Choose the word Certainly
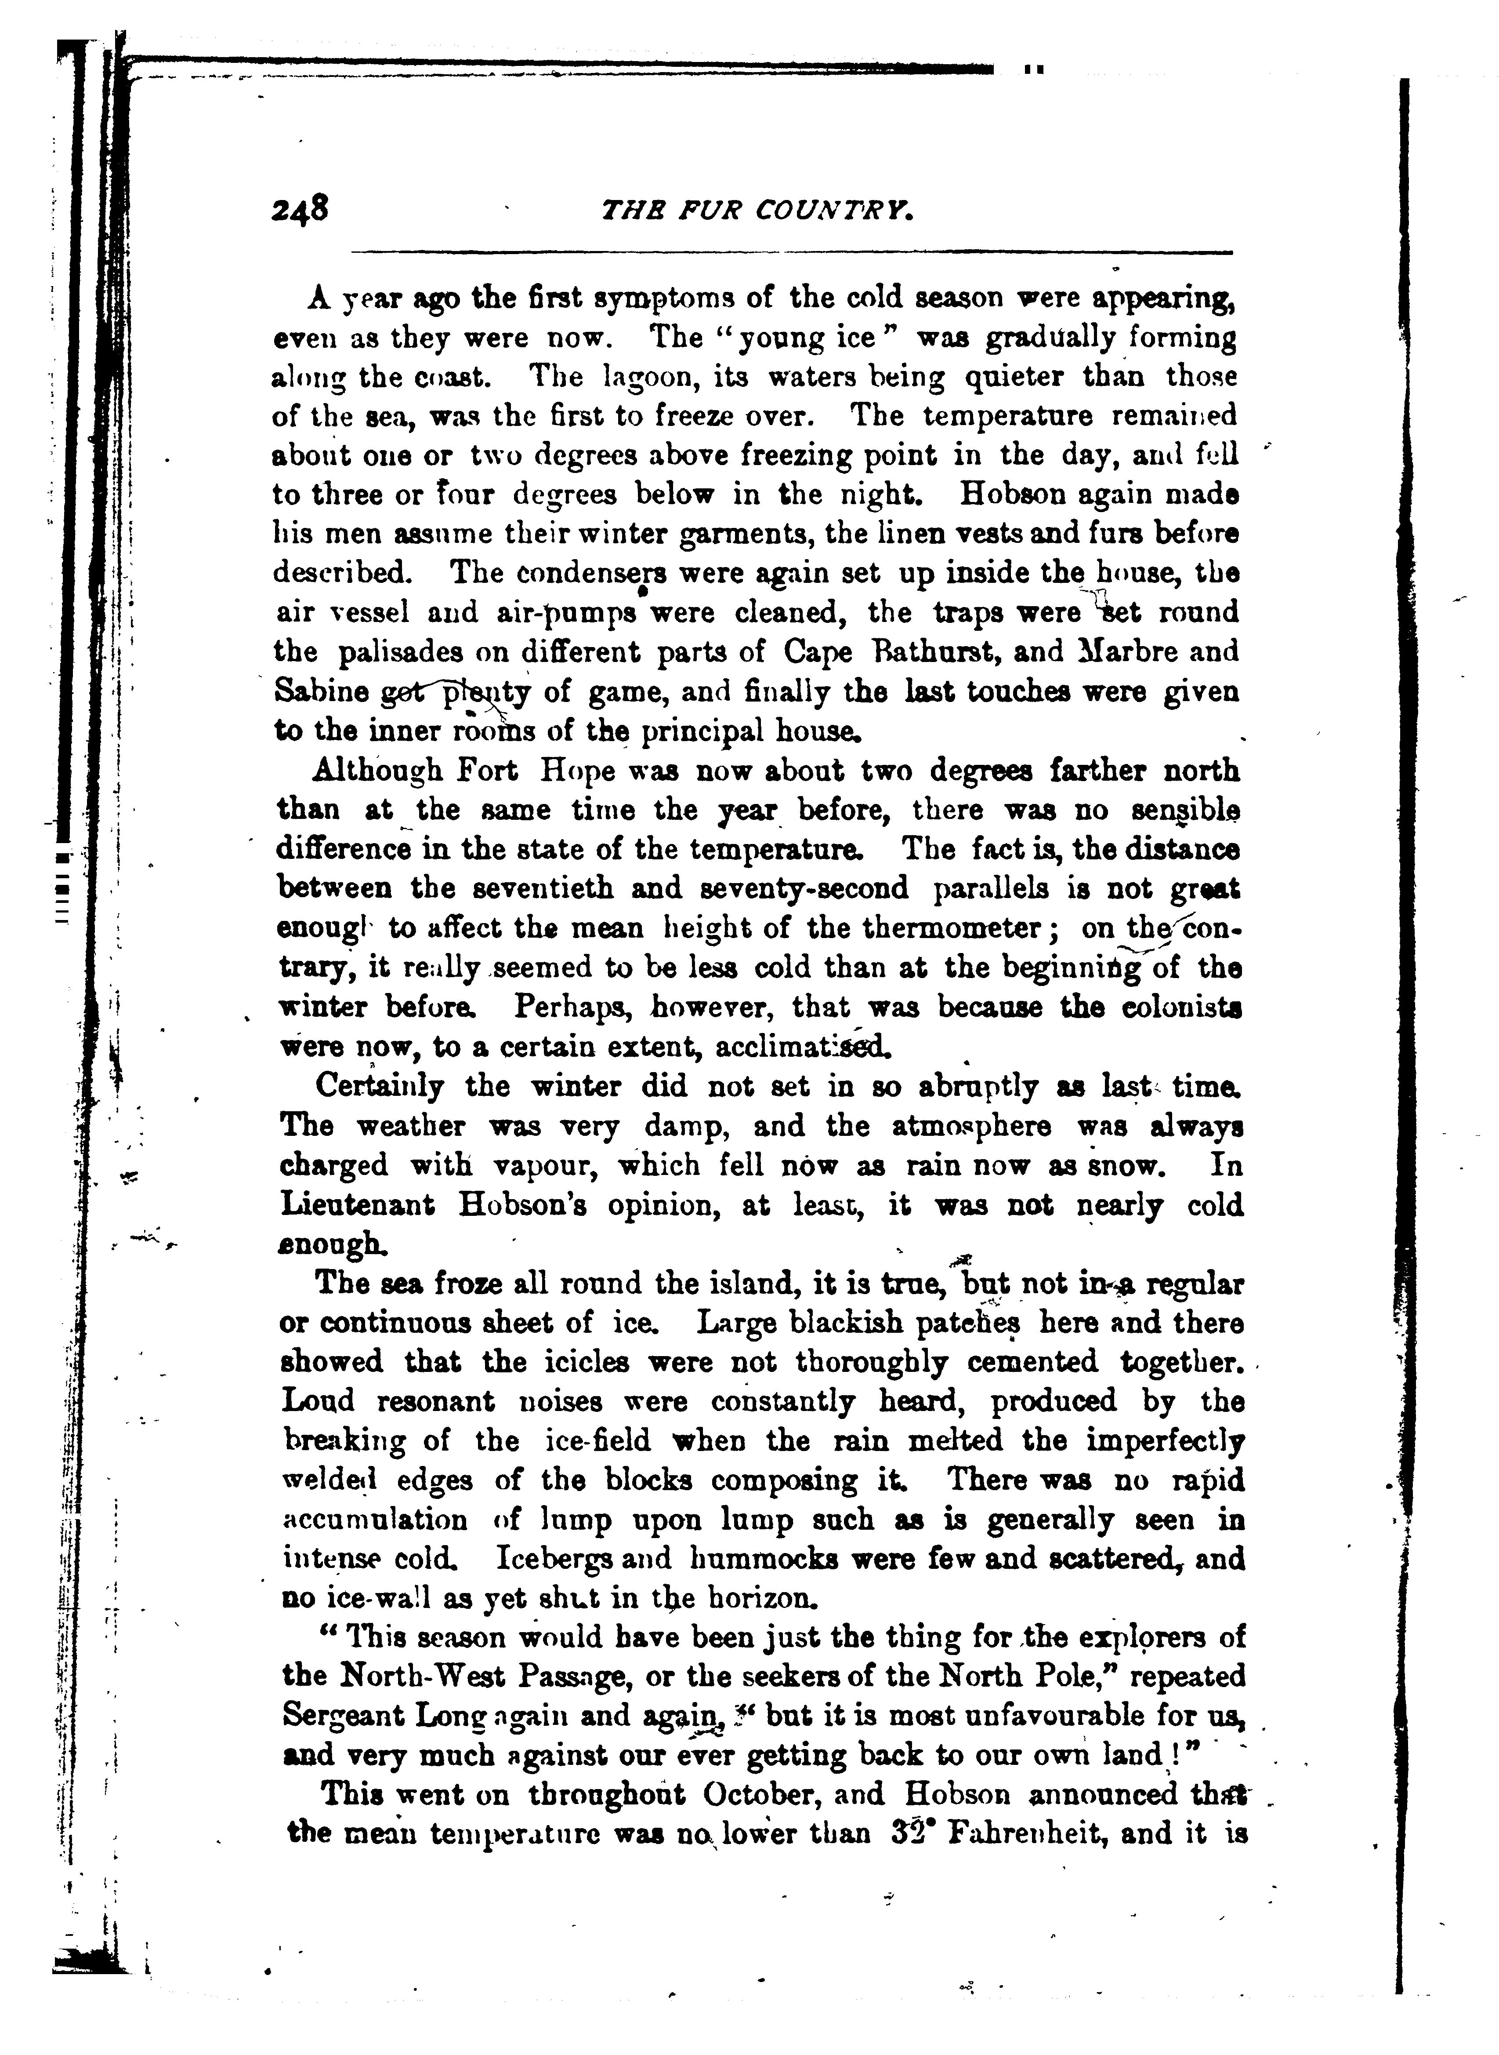click(379, 1087)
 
